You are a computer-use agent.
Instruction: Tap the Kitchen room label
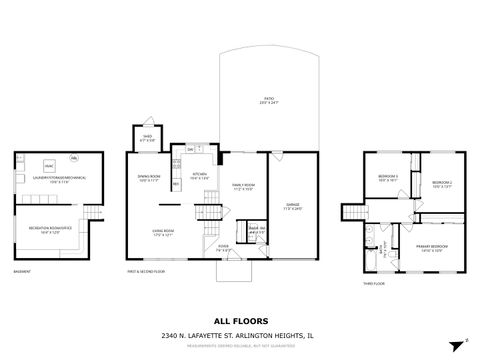[200, 175]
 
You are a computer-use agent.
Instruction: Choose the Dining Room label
[148, 178]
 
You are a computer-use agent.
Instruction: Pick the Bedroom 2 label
[442, 184]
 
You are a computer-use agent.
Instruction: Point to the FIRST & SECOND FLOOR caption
[146, 271]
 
